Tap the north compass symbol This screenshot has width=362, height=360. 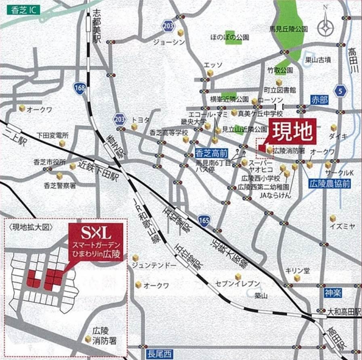326,27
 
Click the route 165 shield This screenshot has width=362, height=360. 204,220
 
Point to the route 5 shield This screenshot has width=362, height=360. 341,92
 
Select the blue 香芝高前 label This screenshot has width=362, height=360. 211,153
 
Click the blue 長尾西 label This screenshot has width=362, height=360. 159,354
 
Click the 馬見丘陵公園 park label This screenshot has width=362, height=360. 288,29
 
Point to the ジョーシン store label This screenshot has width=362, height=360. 169,42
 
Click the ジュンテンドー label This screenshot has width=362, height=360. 154,265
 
